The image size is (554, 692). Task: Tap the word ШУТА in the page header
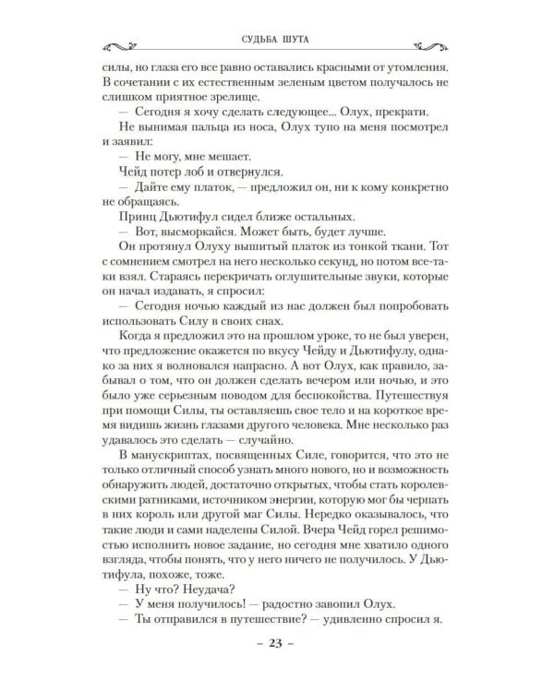(305, 38)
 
